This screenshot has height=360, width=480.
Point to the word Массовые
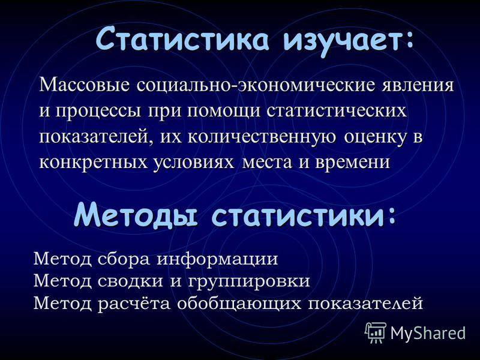[85, 85]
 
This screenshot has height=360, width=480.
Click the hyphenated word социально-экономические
[256, 85]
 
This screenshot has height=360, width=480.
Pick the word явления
[418, 86]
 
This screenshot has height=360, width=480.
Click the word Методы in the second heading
[136, 216]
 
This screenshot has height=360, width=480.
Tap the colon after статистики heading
[389, 215]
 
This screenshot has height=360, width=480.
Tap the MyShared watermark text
[428, 333]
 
